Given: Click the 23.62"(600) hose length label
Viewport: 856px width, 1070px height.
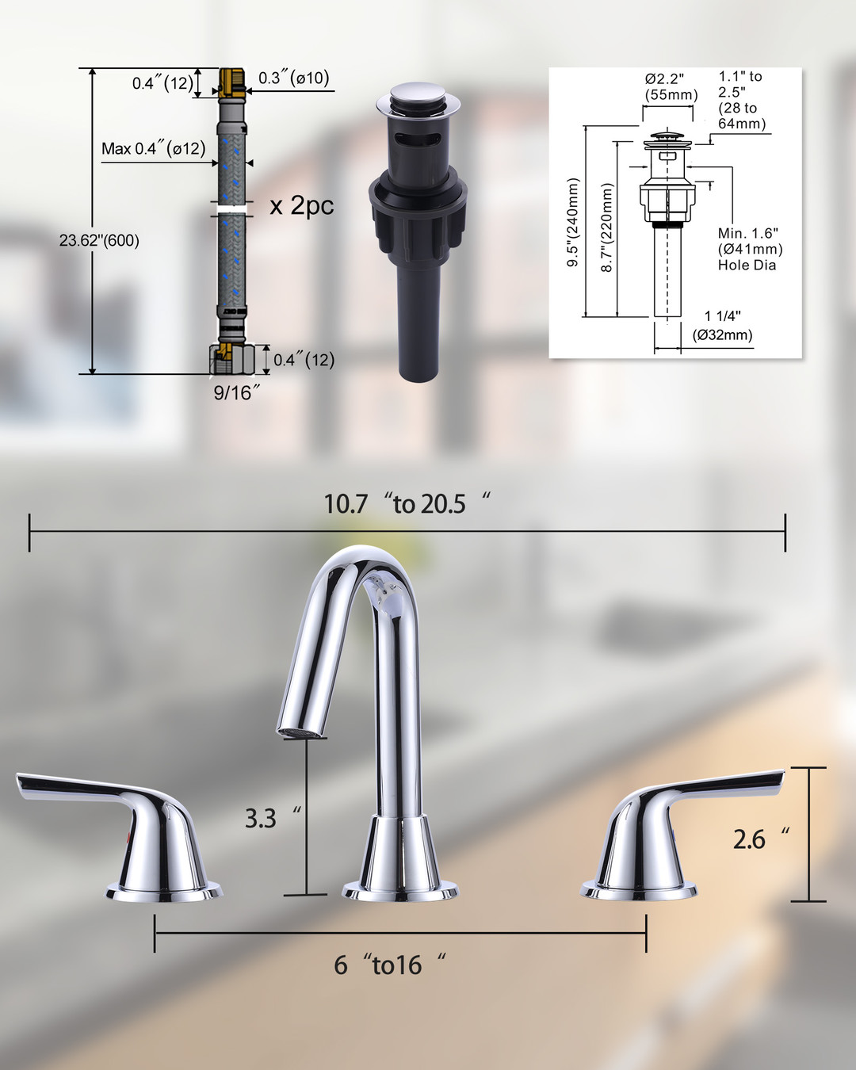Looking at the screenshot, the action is [99, 241].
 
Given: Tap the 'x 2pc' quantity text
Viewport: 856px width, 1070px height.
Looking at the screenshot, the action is [301, 205].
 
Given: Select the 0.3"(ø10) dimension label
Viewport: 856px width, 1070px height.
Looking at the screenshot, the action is [293, 78].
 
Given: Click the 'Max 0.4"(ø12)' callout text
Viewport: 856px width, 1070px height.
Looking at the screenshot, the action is [153, 148].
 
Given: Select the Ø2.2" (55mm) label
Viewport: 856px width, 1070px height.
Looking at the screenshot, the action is [671, 86].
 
